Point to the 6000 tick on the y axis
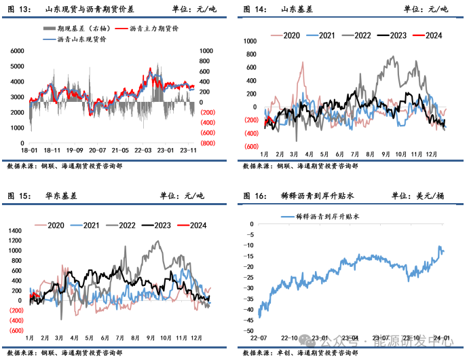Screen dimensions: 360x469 pyautogui.click(x=18, y=51)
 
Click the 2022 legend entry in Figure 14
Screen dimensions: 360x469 pyautogui.click(x=360, y=35)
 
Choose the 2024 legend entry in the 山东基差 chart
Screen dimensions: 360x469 pyautogui.click(x=432, y=35)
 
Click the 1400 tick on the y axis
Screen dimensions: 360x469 pyautogui.click(x=15, y=231)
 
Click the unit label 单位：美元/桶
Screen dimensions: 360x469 pyautogui.click(x=419, y=196)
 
